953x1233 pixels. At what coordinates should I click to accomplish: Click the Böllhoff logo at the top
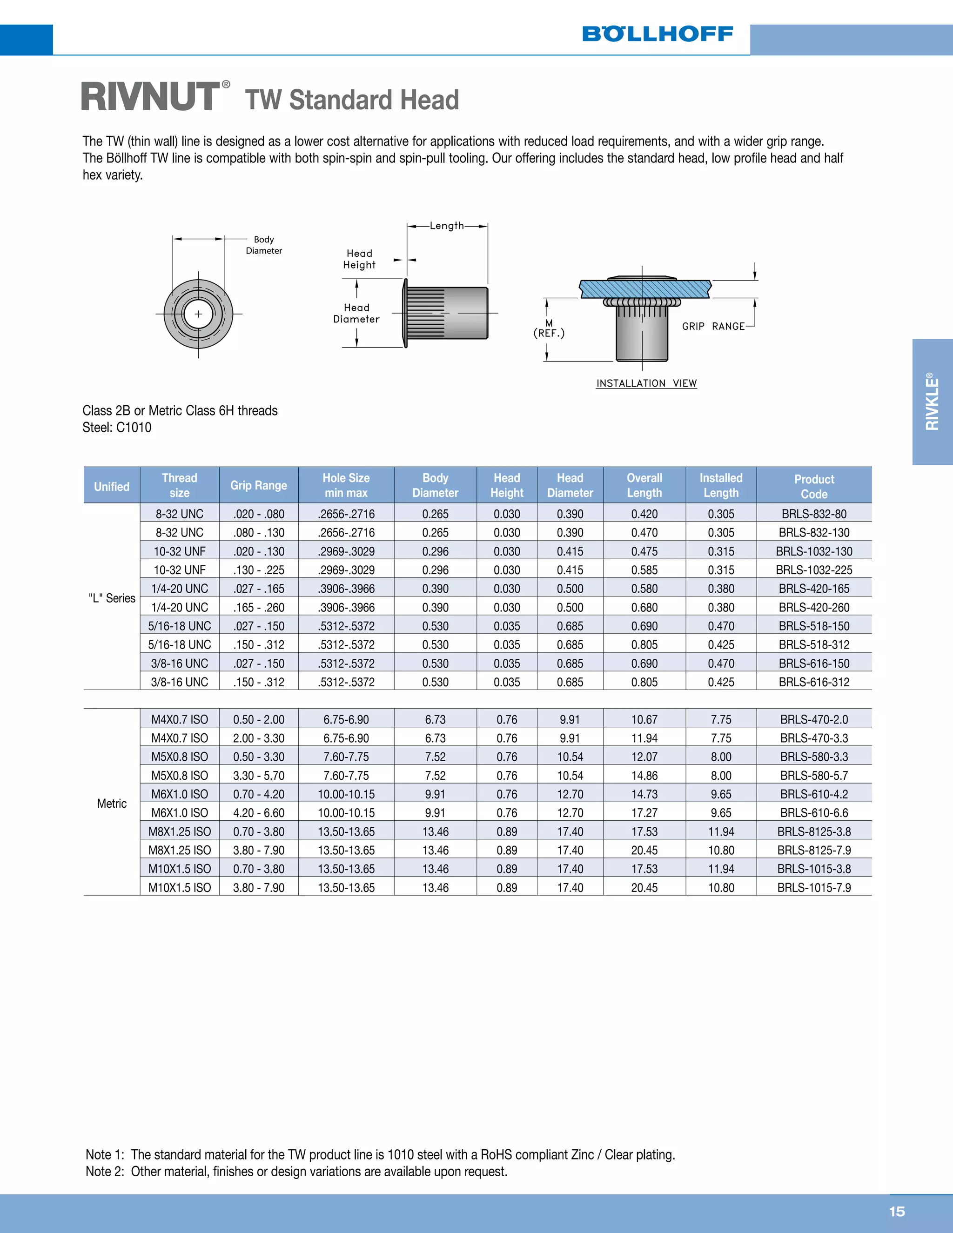657,34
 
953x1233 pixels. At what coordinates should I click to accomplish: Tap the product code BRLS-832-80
813,514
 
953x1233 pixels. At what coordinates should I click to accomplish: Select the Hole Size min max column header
346,485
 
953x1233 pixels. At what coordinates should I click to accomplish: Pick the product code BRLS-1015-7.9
813,887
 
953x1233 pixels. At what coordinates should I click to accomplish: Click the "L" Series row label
112,598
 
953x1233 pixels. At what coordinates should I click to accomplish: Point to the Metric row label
112,804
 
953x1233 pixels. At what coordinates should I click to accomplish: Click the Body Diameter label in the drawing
264,245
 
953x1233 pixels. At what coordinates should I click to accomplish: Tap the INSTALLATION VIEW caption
646,383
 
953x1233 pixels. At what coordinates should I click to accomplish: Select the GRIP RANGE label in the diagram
713,326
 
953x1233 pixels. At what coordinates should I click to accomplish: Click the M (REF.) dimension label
549,328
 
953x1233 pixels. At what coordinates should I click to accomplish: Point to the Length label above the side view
447,226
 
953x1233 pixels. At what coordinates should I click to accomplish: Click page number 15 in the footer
897,1212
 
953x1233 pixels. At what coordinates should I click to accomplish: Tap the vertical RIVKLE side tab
932,402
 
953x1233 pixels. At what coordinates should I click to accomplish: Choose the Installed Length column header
721,485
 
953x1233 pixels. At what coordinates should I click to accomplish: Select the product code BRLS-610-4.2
813,794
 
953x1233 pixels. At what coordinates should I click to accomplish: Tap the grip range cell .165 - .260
259,608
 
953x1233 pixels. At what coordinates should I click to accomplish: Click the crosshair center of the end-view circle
198,314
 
